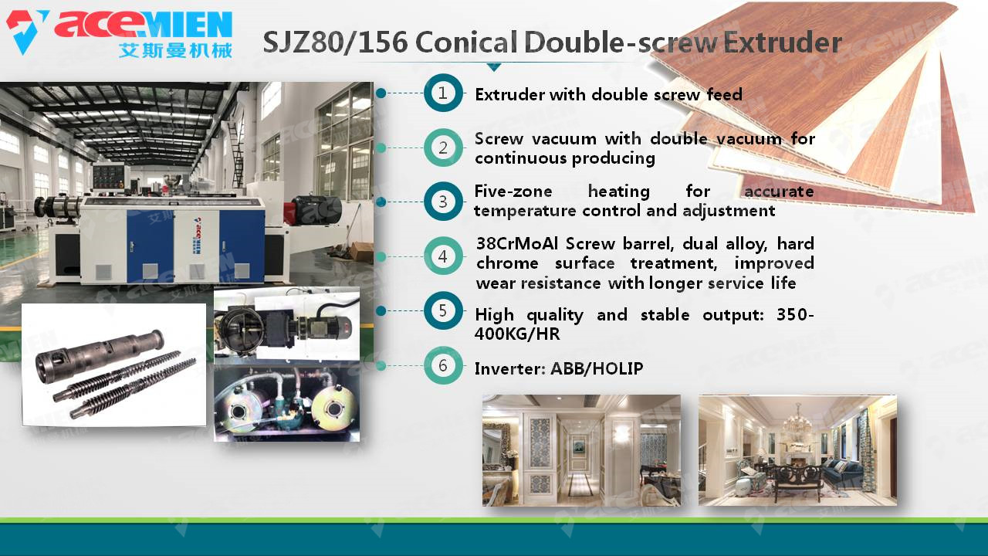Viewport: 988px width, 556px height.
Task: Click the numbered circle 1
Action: [443, 93]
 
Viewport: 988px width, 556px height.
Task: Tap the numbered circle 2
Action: [443, 147]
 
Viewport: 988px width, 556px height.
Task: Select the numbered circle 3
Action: [443, 202]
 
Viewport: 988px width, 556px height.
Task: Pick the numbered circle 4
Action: [443, 256]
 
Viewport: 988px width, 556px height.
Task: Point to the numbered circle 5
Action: [443, 310]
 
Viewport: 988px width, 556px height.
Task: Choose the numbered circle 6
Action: [443, 365]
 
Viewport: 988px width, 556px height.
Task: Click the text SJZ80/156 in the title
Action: [335, 42]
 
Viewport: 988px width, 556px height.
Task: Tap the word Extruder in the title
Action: [783, 42]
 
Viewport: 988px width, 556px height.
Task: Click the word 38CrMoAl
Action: [517, 243]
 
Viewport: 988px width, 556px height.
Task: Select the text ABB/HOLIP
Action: [597, 368]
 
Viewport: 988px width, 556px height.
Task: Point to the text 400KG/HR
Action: [517, 334]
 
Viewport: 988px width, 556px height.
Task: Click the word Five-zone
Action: [513, 192]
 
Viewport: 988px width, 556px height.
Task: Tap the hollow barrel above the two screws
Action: [100, 355]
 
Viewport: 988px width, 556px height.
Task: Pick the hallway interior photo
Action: [581, 450]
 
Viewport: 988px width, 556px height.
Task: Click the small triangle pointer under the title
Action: [494, 67]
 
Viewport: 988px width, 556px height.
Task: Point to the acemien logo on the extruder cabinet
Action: [198, 236]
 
